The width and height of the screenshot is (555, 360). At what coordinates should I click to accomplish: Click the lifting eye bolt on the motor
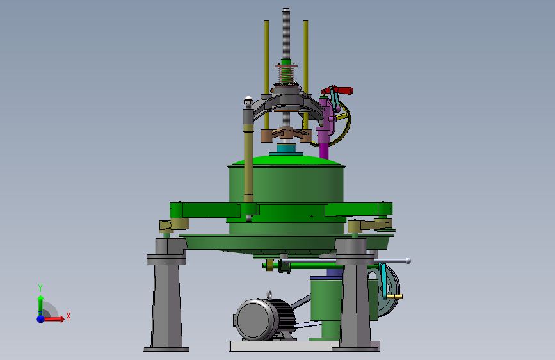pos(269,295)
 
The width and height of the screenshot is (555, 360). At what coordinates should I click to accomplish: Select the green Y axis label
pos(40,288)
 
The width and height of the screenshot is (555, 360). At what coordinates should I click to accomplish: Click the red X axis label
pos(68,316)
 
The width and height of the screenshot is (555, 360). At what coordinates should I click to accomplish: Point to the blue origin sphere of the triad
pos(41,319)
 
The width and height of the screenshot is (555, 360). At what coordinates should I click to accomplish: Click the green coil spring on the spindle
pos(286,74)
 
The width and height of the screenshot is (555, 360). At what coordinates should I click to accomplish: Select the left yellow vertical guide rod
pos(266,74)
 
